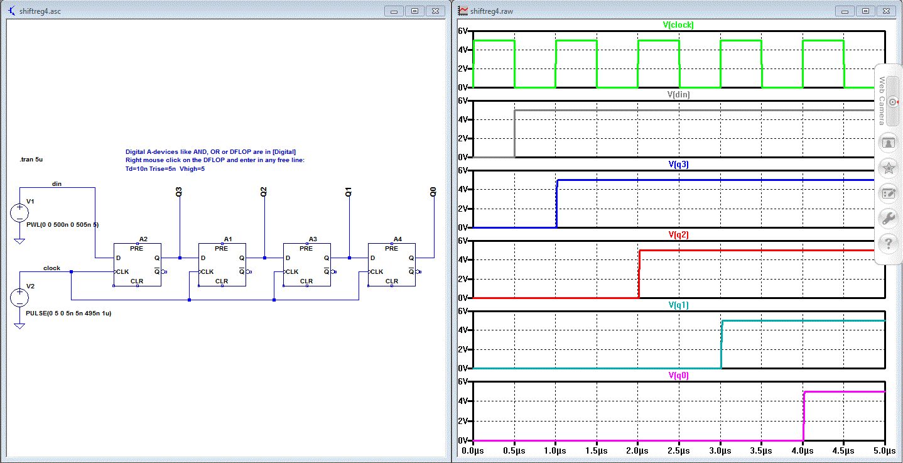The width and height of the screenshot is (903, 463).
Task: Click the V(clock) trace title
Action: [679, 25]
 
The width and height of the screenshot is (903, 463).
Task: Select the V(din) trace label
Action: [679, 95]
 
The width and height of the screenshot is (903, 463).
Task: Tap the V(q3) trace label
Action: [679, 165]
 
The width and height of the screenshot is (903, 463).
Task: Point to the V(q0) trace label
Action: [679, 376]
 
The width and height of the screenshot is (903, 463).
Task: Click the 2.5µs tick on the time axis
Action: [679, 450]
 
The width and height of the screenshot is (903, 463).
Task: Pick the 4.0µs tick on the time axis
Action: [803, 450]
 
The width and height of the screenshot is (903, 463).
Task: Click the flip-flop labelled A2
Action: [137, 264]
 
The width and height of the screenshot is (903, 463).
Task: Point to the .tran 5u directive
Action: [31, 160]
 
